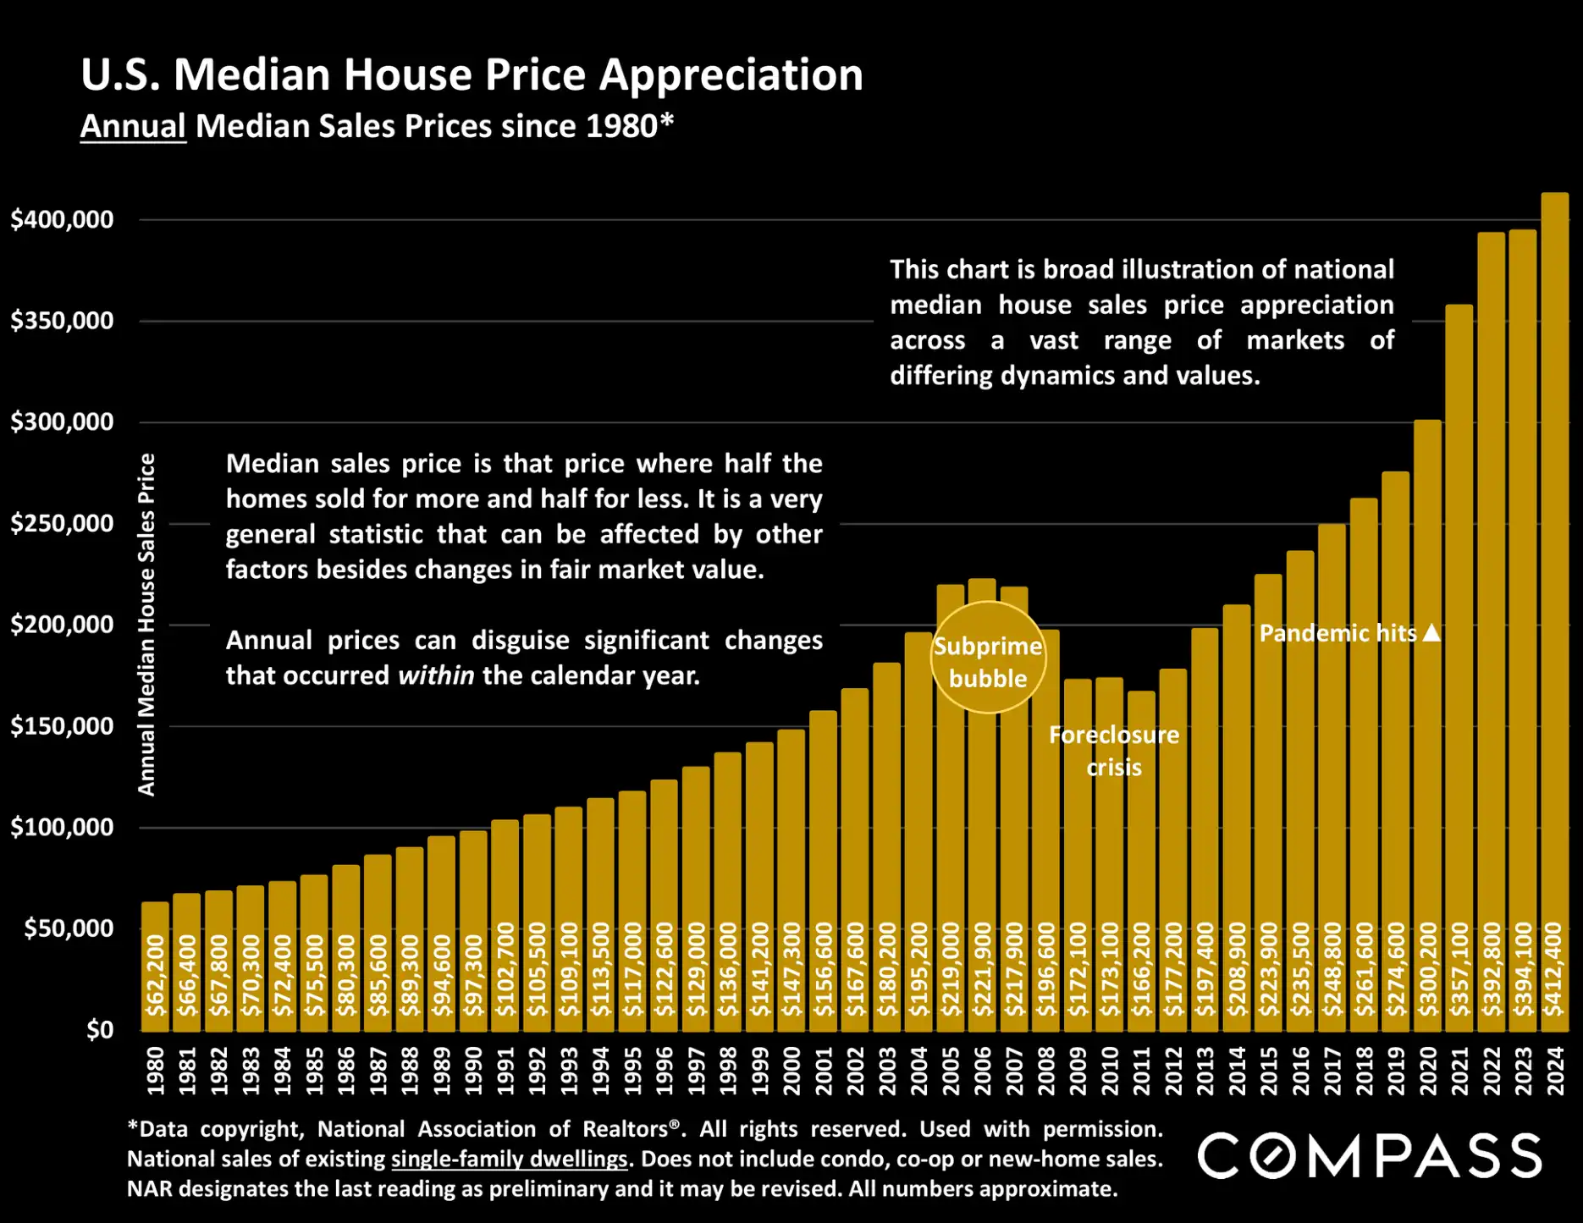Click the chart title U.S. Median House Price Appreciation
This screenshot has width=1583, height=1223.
[x=472, y=74]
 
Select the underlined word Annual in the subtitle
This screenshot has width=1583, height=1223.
[x=133, y=126]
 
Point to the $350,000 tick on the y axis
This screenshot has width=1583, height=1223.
[x=62, y=321]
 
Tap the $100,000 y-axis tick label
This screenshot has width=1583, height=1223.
[x=62, y=827]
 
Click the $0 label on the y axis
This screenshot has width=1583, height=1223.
[x=99, y=1029]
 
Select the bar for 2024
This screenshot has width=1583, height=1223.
[x=1554, y=592]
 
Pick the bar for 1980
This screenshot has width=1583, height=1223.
[x=155, y=965]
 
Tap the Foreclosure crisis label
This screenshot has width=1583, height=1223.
[x=1113, y=751]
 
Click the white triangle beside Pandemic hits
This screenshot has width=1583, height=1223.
[x=1431, y=633]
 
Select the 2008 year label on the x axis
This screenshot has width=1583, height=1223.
[x=1046, y=1072]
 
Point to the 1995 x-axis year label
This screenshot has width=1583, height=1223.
[x=632, y=1072]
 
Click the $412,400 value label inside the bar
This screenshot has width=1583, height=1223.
[x=1554, y=970]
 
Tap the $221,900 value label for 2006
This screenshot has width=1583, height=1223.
[x=982, y=970]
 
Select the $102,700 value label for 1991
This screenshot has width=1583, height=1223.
[x=505, y=970]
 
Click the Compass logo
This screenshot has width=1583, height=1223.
[x=1369, y=1156]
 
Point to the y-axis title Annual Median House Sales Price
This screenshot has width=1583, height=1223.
[x=146, y=625]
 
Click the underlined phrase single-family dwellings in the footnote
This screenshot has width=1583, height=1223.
[x=509, y=1159]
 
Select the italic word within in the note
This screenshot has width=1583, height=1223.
[x=436, y=675]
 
